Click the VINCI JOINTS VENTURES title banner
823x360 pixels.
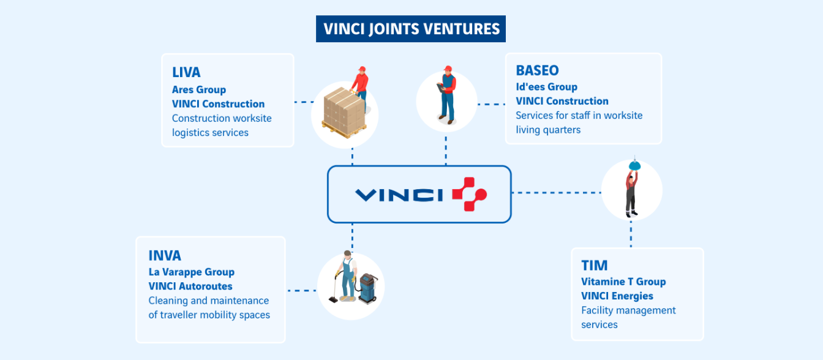point(411,29)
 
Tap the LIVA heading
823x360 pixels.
point(186,72)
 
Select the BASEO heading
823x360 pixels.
point(537,70)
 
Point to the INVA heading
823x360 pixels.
point(165,255)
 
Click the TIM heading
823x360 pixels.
point(594,265)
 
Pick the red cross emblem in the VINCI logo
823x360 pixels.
point(469,194)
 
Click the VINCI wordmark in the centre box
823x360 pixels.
point(399,195)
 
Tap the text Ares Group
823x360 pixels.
point(199,90)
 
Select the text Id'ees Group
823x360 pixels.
point(546,87)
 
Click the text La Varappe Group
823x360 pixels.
point(191,272)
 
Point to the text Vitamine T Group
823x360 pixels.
point(623,282)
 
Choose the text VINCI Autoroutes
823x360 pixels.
point(190,286)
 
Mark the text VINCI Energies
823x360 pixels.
point(617,296)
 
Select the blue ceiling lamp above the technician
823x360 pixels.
point(635,164)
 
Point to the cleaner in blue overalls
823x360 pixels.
point(347,276)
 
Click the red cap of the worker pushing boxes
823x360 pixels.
point(362,69)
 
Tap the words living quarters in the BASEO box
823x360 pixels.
point(548,130)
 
